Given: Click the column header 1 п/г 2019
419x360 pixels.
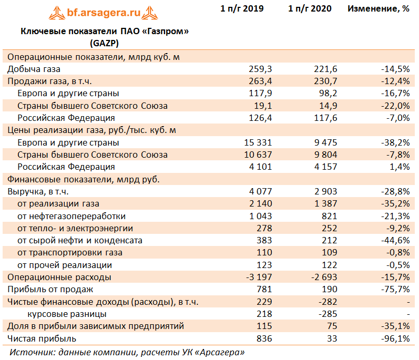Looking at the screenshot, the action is click(x=242, y=8).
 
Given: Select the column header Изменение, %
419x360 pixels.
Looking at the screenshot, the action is click(x=379, y=8).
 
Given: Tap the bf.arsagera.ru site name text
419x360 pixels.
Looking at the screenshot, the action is click(x=104, y=12).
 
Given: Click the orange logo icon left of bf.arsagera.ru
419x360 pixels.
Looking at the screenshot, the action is click(x=57, y=13).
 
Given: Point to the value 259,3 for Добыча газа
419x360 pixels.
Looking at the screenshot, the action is click(x=260, y=69).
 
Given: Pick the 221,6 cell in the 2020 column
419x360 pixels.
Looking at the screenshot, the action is click(x=325, y=69).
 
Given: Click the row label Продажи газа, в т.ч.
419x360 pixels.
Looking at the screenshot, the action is click(x=50, y=81).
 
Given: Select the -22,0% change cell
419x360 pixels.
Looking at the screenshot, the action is click(x=395, y=106).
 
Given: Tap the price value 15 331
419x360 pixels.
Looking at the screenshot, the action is click(x=258, y=142).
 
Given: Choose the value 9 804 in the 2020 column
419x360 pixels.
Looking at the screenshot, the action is click(x=326, y=155).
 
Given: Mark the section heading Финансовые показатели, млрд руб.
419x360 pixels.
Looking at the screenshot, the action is click(x=84, y=179).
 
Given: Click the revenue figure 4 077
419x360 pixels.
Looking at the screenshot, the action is click(x=261, y=191).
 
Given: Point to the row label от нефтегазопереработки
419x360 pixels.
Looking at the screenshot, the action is click(x=71, y=216).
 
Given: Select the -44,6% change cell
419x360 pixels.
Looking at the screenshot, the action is click(x=395, y=240).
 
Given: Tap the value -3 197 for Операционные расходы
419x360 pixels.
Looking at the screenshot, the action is click(x=259, y=277).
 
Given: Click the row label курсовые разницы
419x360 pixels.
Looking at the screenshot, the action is click(x=67, y=314).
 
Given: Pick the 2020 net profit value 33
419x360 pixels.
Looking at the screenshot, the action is click(x=332, y=338).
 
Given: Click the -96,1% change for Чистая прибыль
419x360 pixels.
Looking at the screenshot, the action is click(x=395, y=338).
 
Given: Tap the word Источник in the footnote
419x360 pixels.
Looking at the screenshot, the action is click(x=33, y=352).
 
